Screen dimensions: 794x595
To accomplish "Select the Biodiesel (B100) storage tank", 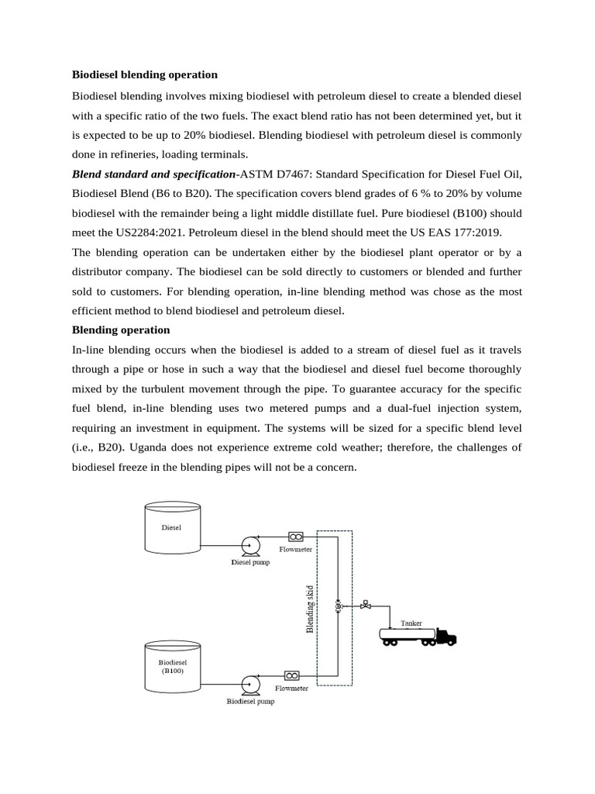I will tap(172, 666).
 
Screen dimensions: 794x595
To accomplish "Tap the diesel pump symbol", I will tap(250, 545).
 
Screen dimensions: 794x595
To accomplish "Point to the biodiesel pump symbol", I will tap(250, 684).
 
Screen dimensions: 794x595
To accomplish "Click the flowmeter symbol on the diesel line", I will tap(296, 536).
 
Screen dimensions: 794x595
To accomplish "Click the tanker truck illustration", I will tap(417, 636).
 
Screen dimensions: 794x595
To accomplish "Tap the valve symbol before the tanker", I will tap(365, 606).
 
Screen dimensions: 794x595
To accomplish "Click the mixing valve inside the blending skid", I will tap(338, 606).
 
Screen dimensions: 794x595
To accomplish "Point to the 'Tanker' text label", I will tap(411, 623).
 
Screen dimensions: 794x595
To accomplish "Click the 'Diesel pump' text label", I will tap(251, 562).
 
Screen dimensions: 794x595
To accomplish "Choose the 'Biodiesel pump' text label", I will tap(250, 701).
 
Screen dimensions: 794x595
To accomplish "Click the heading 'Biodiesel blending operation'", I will tap(145, 74).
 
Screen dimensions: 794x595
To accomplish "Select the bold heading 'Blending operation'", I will tap(121, 330).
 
